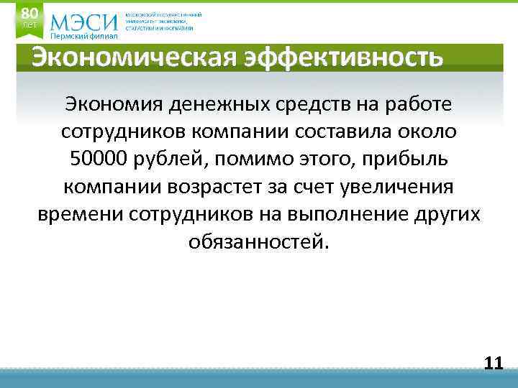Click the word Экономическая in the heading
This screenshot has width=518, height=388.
(132, 57)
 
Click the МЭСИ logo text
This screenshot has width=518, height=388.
(84, 22)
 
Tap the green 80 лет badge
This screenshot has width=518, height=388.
(29, 18)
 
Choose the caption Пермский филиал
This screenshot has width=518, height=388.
(83, 37)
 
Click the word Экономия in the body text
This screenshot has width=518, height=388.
(113, 105)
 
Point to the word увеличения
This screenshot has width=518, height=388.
(399, 188)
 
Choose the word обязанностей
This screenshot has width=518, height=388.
(258, 242)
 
